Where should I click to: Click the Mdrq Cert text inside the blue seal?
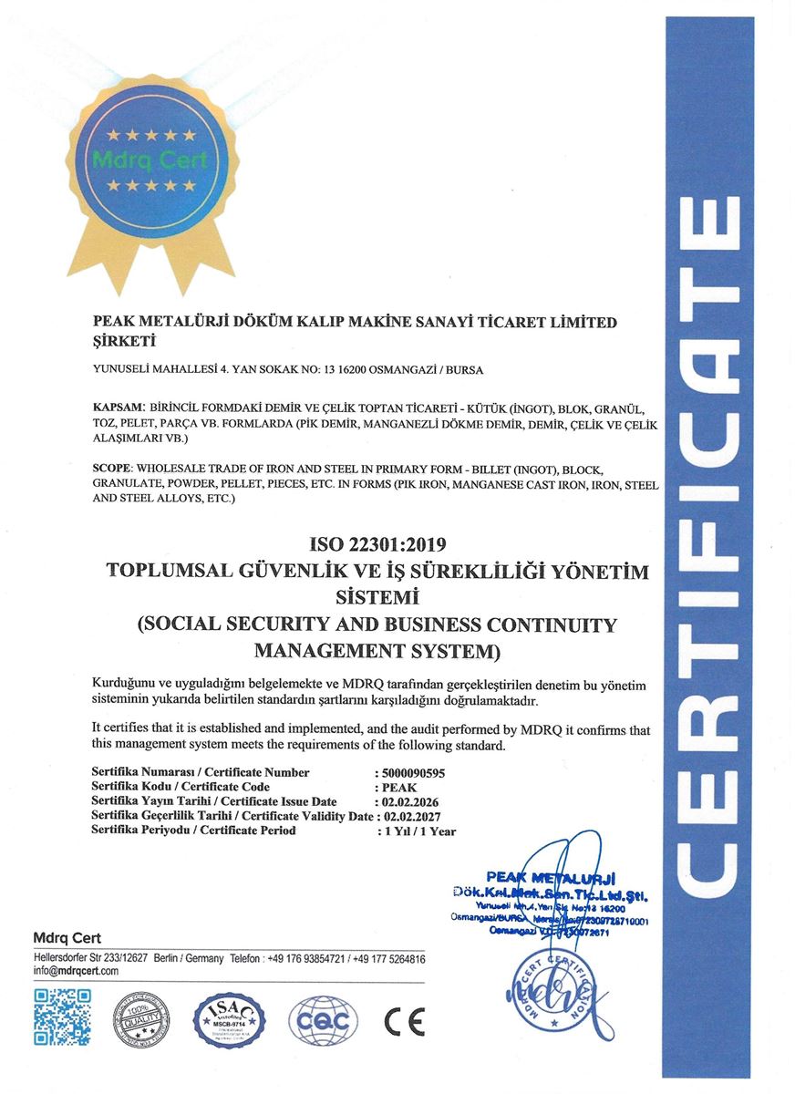[x=151, y=160]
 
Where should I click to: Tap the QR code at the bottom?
[x=63, y=1017]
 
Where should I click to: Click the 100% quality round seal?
[x=142, y=1019]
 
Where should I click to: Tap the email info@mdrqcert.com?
[x=76, y=971]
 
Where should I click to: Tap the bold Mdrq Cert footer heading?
[x=67, y=938]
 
